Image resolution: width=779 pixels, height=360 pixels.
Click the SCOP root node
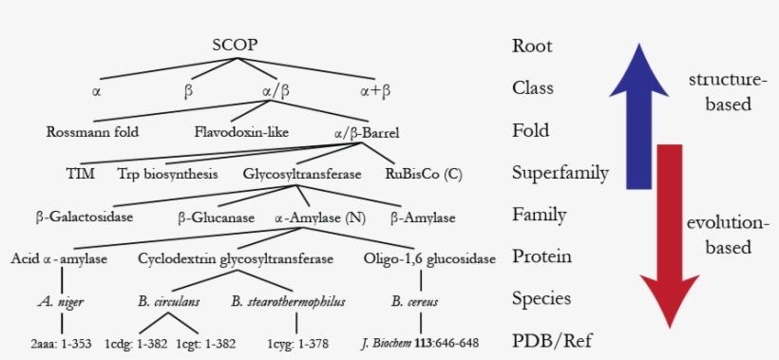(235, 45)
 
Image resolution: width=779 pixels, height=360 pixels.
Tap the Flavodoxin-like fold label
(241, 131)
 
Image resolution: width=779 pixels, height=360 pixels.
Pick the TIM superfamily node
(79, 174)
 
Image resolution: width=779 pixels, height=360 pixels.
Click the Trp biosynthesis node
(168, 174)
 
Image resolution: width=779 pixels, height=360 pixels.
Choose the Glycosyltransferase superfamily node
(302, 174)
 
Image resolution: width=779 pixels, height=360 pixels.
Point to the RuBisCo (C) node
(423, 174)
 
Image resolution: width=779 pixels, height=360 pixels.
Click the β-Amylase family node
(424, 217)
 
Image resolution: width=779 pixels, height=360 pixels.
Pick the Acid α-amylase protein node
(59, 258)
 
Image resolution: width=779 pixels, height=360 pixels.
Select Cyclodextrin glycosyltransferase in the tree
(236, 258)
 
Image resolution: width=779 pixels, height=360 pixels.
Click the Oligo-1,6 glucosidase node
(430, 258)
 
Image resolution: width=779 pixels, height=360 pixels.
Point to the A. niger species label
(60, 301)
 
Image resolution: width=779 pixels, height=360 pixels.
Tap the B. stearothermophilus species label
(288, 301)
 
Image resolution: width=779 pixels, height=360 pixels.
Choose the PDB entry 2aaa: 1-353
(61, 342)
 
